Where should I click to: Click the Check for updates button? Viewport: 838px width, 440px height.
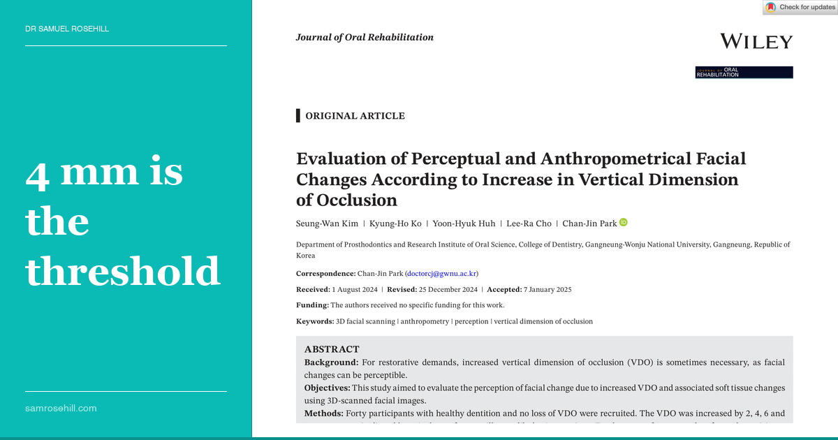pyautogui.click(x=800, y=8)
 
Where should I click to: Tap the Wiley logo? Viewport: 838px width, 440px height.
pyautogui.click(x=756, y=42)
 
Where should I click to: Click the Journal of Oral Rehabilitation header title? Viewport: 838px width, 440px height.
pyautogui.click(x=365, y=38)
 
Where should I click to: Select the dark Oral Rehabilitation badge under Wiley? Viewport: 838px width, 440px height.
pyautogui.click(x=744, y=72)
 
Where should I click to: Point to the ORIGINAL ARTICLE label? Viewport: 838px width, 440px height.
pyautogui.click(x=355, y=116)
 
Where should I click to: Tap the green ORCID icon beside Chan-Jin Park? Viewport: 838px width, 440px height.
pyautogui.click(x=624, y=222)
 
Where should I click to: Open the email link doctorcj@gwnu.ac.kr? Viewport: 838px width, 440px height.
pyautogui.click(x=441, y=274)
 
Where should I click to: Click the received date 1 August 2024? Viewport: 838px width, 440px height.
pyautogui.click(x=355, y=289)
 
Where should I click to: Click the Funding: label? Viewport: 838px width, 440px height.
pyautogui.click(x=312, y=305)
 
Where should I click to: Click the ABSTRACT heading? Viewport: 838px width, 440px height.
pyautogui.click(x=332, y=349)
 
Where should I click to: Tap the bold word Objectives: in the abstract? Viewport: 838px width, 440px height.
pyautogui.click(x=327, y=388)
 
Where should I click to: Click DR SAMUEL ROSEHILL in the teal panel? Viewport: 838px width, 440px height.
pyautogui.click(x=67, y=29)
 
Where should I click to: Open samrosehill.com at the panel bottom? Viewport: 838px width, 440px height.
pyautogui.click(x=61, y=408)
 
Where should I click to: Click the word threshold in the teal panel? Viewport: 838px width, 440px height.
pyautogui.click(x=123, y=271)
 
